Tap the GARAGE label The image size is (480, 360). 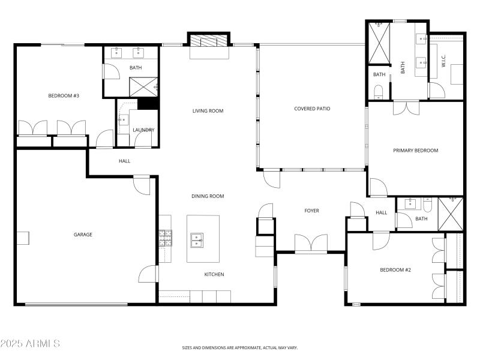(x=83, y=235)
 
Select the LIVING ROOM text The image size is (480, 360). (x=208, y=111)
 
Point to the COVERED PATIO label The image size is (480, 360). (x=312, y=109)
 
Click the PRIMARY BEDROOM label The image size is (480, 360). (x=415, y=151)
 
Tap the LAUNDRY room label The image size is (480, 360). (x=143, y=130)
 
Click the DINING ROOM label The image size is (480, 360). (x=208, y=196)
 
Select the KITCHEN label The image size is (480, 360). (x=214, y=275)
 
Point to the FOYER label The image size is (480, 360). (x=311, y=211)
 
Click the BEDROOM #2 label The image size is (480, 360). (x=395, y=270)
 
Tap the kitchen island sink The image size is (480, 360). (x=196, y=240)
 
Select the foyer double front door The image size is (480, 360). (x=311, y=244)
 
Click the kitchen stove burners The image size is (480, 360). (x=165, y=238)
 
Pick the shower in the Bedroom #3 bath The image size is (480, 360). (x=144, y=87)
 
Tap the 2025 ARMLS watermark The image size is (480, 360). (x=30, y=344)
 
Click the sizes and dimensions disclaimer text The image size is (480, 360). (x=239, y=348)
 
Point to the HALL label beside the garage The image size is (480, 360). (x=124, y=161)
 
